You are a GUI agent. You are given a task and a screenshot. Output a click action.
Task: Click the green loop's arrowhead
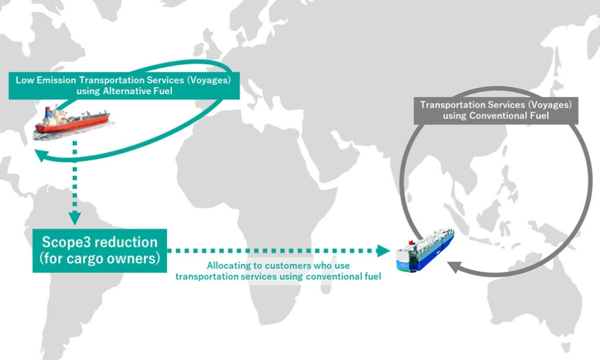pyautogui.click(x=40, y=156)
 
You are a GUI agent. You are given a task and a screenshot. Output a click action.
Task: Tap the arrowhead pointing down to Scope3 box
pyautogui.click(x=74, y=218)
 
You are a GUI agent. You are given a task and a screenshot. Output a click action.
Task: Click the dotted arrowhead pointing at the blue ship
pyautogui.click(x=385, y=251)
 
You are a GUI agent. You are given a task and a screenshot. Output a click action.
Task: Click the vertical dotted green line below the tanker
pyautogui.click(x=74, y=180)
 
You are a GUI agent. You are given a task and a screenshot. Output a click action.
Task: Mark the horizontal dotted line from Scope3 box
pyautogui.click(x=270, y=251)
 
